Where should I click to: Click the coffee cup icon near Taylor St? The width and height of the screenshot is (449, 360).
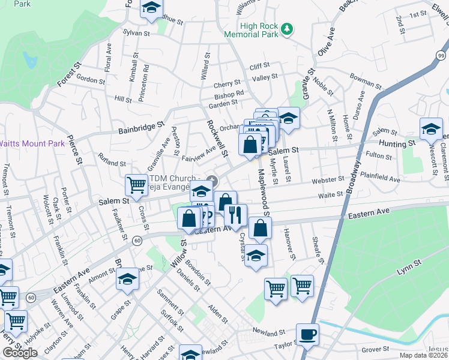pos(308,334)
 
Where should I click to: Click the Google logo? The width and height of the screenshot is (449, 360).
pos(20,353)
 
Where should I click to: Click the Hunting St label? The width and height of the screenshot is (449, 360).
pos(397,144)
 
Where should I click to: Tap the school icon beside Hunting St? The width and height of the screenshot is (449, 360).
pos(431,129)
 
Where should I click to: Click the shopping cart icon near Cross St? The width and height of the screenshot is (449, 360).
pos(136,184)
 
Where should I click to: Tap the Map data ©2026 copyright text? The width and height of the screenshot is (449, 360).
pos(423,355)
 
